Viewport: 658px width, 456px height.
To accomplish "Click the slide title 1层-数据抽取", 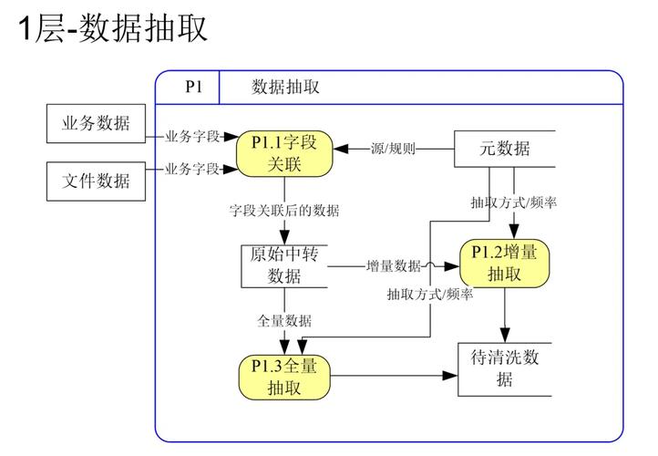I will (113, 28).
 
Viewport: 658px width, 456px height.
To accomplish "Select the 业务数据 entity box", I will (96, 124).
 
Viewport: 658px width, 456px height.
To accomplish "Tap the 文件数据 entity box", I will (96, 181).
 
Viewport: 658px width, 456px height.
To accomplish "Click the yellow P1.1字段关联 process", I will (283, 152).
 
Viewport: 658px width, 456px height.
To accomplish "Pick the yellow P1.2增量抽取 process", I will (503, 263).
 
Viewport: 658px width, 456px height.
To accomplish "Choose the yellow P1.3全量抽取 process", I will (283, 376).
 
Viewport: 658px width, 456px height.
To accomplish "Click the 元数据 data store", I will (504, 149).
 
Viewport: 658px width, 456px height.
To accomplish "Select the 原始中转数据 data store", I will (283, 264).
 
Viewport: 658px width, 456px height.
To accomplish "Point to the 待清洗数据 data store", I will (504, 368).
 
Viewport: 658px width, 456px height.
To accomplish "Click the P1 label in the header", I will (194, 88).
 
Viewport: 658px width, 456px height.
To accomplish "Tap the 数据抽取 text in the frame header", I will (285, 88).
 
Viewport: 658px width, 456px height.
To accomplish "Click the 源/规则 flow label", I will (393, 149).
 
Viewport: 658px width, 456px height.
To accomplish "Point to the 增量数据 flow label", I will (394, 265).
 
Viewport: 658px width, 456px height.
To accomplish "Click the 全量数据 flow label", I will (283, 321).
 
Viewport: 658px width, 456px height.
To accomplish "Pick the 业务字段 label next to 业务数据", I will (192, 137).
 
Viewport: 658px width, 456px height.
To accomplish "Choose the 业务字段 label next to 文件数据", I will (192, 169).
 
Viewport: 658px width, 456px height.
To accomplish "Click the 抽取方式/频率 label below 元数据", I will (513, 202).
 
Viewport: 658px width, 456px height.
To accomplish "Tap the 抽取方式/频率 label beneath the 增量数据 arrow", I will (429, 294).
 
